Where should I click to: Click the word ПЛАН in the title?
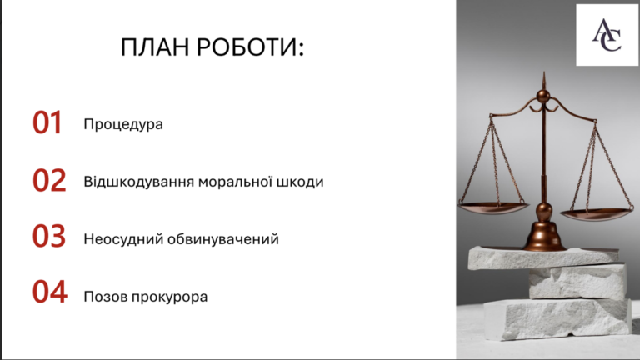(155, 47)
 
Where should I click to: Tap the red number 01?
(47, 122)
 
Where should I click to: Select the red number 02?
(49, 180)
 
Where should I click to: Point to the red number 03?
(49, 236)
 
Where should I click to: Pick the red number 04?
(50, 292)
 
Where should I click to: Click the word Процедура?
(123, 124)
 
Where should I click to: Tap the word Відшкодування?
(139, 182)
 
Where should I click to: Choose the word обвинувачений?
(223, 239)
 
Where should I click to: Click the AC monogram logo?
(607, 36)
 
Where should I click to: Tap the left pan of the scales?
(493, 207)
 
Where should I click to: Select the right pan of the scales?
(597, 214)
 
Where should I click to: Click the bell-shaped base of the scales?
(544, 236)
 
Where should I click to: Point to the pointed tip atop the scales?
(543, 73)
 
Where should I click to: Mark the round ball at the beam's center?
(543, 97)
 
